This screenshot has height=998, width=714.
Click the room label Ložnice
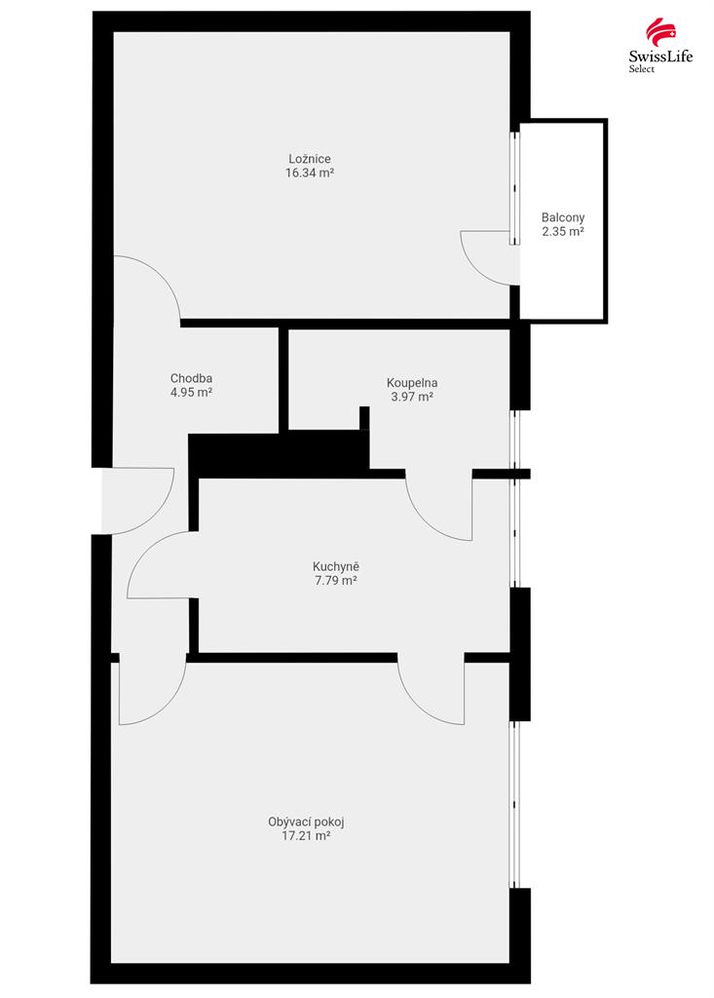(310, 159)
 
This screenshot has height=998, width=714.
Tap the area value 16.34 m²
(310, 173)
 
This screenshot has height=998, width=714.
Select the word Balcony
(563, 217)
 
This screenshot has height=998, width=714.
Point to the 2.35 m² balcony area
(563, 232)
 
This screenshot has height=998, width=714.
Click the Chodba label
(191, 379)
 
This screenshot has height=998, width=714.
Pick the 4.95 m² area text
(191, 393)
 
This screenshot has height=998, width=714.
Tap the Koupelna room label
(412, 383)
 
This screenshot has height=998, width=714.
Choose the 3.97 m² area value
(412, 398)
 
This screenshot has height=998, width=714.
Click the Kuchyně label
(336, 566)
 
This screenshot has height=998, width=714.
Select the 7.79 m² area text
(336, 581)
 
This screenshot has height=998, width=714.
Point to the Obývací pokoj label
(306, 822)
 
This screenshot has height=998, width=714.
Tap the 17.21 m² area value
(306, 835)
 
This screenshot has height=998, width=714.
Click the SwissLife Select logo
(659, 45)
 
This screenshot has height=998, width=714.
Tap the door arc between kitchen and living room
(417, 707)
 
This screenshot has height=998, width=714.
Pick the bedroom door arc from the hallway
(165, 274)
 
